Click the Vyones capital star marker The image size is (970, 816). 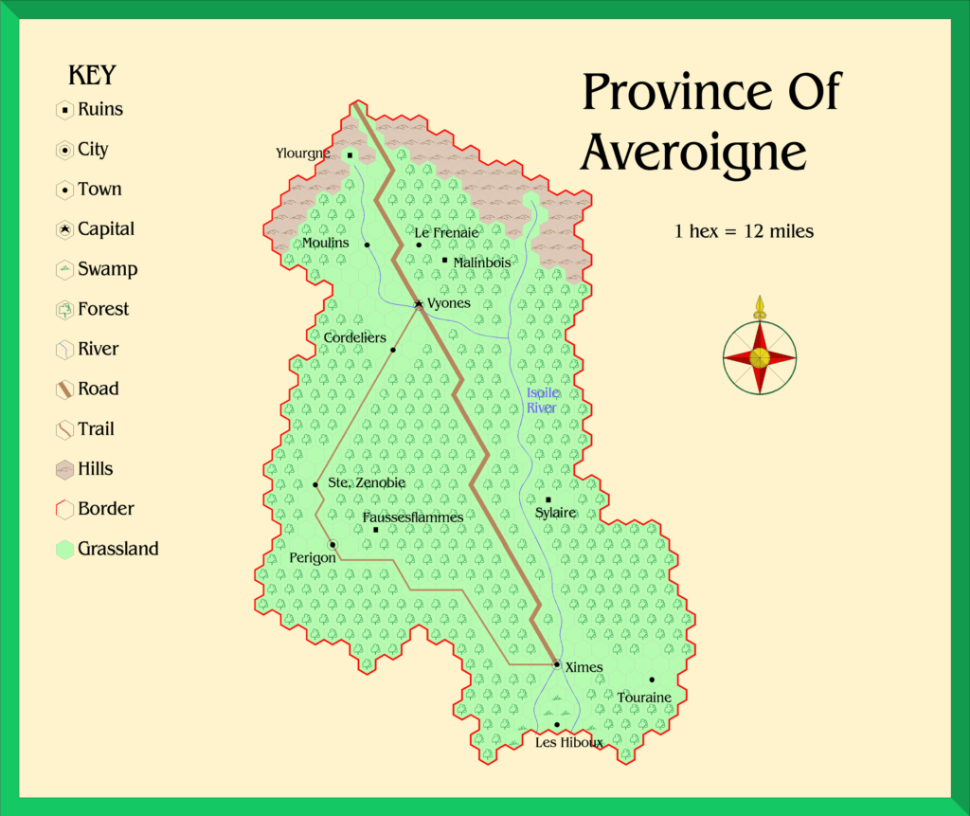[x=418, y=304]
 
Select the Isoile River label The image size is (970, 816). [x=542, y=400]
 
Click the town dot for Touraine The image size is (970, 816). [x=652, y=680]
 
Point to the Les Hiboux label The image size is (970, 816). [x=568, y=742]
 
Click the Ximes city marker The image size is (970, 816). [x=557, y=664]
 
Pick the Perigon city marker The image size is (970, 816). [x=332, y=544]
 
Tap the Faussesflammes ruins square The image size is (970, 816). [x=376, y=530]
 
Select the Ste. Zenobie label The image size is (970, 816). [x=367, y=482]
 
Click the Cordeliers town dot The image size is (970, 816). [x=392, y=350]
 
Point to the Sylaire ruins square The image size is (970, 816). [x=548, y=499]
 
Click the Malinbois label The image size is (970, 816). [x=481, y=262]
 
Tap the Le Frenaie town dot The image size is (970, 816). [x=418, y=245]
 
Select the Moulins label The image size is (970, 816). [x=325, y=243]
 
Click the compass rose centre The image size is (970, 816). [x=759, y=357]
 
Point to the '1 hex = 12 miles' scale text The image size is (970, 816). [x=744, y=231]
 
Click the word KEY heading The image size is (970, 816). [x=92, y=76]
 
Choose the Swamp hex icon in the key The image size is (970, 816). [x=64, y=270]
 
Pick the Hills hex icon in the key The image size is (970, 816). [x=64, y=469]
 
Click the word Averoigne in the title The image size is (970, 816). [x=693, y=152]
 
